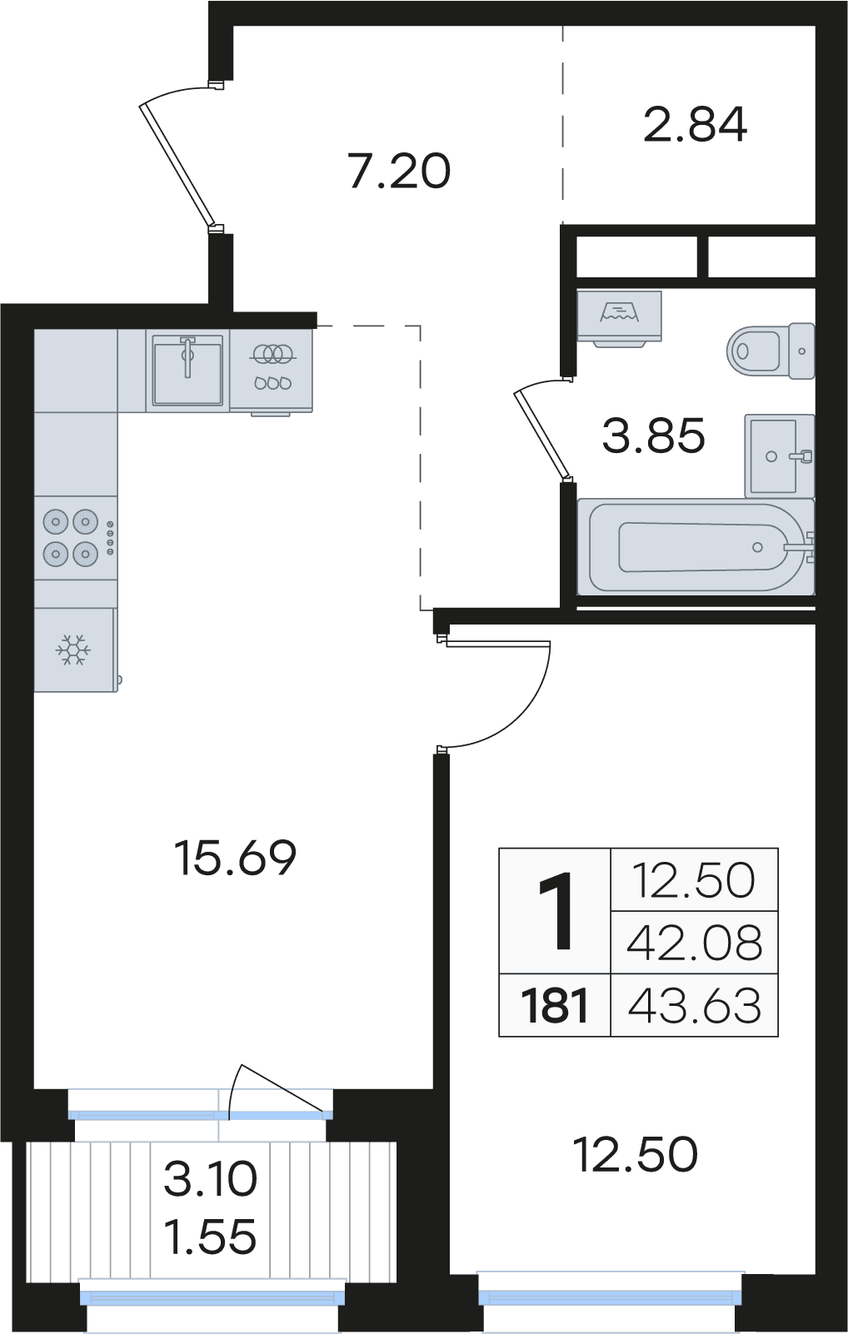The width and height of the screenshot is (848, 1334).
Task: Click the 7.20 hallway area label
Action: click(x=399, y=172)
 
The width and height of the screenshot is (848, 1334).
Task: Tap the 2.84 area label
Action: click(x=695, y=124)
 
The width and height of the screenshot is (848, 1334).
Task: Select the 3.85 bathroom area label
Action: click(x=654, y=436)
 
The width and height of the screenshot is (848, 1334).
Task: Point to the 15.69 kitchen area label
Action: click(x=235, y=858)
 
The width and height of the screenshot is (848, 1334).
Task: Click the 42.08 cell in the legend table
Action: click(x=694, y=943)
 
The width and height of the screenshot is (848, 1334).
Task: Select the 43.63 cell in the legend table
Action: click(x=694, y=1005)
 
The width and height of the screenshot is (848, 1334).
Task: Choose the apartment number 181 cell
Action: click(x=555, y=1005)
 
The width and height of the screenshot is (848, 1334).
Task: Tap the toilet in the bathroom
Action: click(x=770, y=351)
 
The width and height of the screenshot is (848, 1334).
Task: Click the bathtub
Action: click(x=696, y=546)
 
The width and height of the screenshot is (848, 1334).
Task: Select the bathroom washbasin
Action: click(x=779, y=456)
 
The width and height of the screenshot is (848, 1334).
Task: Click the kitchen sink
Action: click(x=187, y=369)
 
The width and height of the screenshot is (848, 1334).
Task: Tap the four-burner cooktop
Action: click(x=77, y=538)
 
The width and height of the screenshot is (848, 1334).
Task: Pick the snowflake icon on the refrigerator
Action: click(x=72, y=650)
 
